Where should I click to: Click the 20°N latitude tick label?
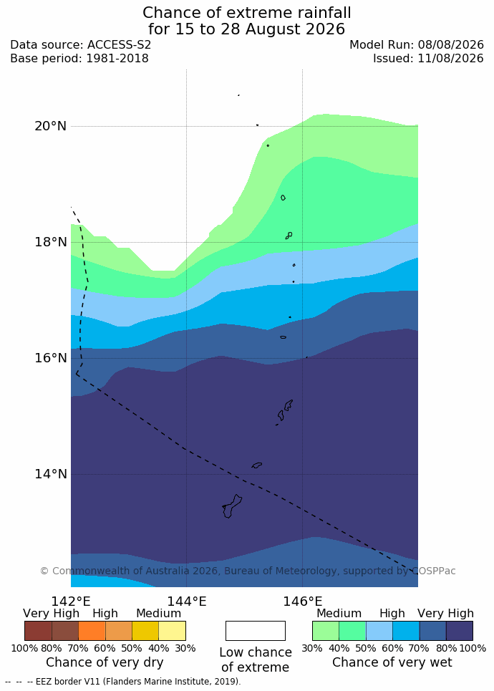click(x=50, y=126)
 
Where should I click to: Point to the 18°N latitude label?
click(x=50, y=242)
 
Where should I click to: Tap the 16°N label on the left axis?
click(x=50, y=358)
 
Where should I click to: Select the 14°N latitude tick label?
click(x=50, y=474)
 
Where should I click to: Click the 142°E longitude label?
click(x=71, y=601)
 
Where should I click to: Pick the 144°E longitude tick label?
click(x=186, y=601)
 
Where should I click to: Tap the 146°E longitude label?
click(x=302, y=601)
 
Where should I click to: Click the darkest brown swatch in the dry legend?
click(x=39, y=631)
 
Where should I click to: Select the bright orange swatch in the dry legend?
click(x=92, y=631)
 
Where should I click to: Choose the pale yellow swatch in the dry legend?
click(x=173, y=631)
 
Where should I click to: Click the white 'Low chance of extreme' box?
click(x=255, y=631)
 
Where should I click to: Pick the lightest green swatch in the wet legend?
click(x=326, y=631)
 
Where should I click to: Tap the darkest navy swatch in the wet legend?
click(x=460, y=631)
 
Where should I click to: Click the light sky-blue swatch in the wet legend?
click(x=379, y=631)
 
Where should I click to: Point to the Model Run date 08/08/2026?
click(x=451, y=45)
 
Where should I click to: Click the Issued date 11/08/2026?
click(x=451, y=59)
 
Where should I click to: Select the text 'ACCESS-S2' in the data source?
click(x=119, y=45)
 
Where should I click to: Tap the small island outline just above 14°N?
click(x=257, y=465)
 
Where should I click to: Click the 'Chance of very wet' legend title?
click(x=392, y=662)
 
